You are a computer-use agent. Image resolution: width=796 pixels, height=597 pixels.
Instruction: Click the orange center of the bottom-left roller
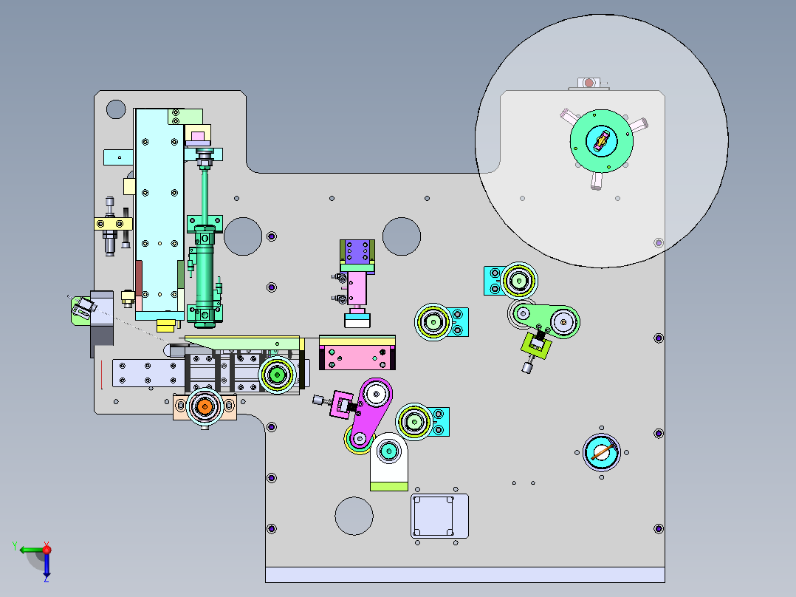pos(205,406)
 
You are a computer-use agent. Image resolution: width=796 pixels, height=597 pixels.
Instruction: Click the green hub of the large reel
pos(602,140)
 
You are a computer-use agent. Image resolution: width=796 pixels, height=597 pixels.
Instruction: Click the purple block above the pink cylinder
pos(357,251)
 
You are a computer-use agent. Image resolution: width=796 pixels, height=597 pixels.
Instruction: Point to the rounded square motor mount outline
pos(439,516)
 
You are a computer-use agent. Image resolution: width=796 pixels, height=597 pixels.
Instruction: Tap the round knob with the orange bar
pos(602,452)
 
